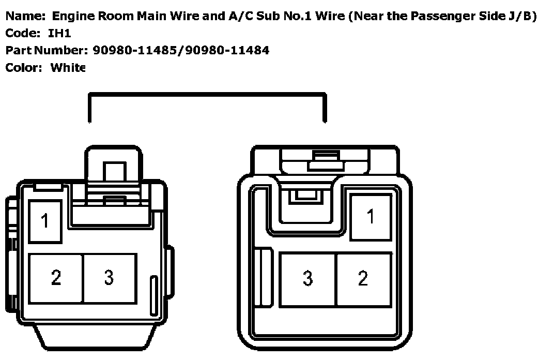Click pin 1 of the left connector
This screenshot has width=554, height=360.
point(45,221)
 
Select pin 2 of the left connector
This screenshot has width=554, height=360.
point(56,278)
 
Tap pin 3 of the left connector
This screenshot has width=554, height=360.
point(109,278)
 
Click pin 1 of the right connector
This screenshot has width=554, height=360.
point(371,216)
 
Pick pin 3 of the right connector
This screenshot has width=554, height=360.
point(308,278)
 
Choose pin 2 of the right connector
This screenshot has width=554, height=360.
point(363,278)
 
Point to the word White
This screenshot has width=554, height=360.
point(68,67)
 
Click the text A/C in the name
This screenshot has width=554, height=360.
point(239,16)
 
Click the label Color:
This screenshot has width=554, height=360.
point(23,67)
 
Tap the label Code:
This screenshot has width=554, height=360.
point(22,33)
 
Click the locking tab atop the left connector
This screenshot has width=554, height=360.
point(113,166)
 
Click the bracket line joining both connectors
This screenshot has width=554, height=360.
point(207,95)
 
